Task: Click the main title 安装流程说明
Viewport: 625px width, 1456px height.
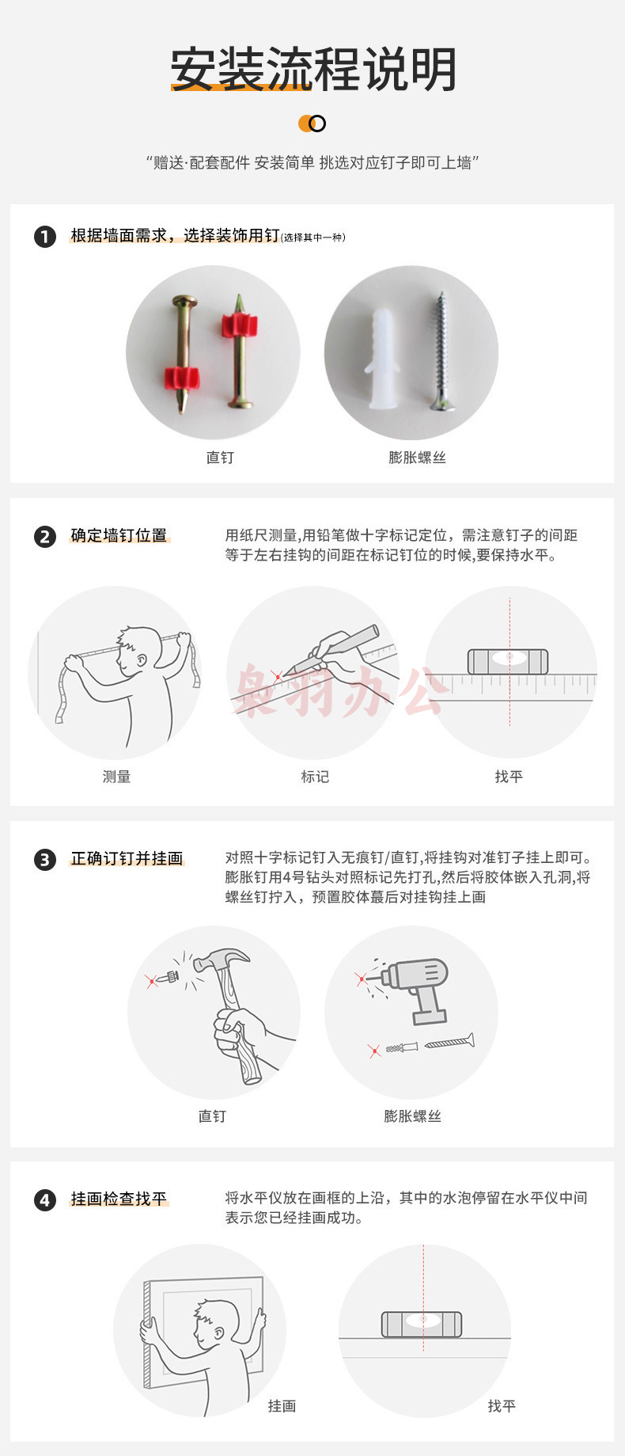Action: coord(313,70)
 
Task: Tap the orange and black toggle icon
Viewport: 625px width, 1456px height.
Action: coord(312,124)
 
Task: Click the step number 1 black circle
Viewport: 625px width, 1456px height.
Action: coord(45,236)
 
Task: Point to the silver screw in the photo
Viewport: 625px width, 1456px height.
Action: coord(440,351)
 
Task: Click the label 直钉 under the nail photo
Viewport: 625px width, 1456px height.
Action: coord(220,458)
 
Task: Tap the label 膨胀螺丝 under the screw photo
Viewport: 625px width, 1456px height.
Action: coord(417,458)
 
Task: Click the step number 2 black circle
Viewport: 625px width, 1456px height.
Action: coord(45,537)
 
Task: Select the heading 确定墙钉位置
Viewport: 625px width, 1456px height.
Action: coord(119,536)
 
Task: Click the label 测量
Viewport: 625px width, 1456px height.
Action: coord(116,777)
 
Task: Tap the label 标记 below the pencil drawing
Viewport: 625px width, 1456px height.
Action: coord(315,777)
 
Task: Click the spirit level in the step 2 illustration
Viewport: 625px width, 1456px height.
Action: coord(508,662)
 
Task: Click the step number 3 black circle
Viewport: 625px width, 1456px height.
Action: coord(45,859)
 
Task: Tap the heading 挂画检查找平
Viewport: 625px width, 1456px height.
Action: coord(119,1199)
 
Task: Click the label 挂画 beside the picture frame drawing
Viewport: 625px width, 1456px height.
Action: coord(282,1405)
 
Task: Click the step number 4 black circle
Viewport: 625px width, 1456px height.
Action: coord(45,1200)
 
